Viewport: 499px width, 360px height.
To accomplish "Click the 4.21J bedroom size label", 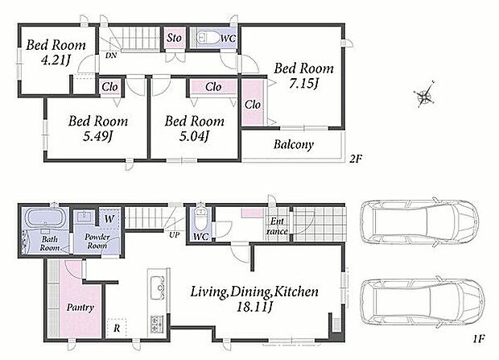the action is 56,60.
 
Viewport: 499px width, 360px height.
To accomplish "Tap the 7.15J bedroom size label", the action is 304,84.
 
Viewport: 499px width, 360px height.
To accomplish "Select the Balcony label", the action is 294,145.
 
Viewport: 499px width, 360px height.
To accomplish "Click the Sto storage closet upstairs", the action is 174,38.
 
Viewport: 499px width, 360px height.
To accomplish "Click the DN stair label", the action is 111,56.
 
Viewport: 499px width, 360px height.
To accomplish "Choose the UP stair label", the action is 175,235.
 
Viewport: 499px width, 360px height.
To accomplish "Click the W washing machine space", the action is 109,219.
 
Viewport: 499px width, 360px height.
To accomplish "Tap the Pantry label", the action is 80,308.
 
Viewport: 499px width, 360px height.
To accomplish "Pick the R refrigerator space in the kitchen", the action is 117,328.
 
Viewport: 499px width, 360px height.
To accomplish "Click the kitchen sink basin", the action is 158,288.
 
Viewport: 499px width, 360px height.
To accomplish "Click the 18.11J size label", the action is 254,307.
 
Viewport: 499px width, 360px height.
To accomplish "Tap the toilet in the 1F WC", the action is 200,220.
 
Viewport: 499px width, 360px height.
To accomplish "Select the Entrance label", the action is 277,226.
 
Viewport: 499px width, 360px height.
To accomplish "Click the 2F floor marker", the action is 356,159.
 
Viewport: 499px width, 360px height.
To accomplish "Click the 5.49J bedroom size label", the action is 97,136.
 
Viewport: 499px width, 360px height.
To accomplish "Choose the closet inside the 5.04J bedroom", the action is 213,87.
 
